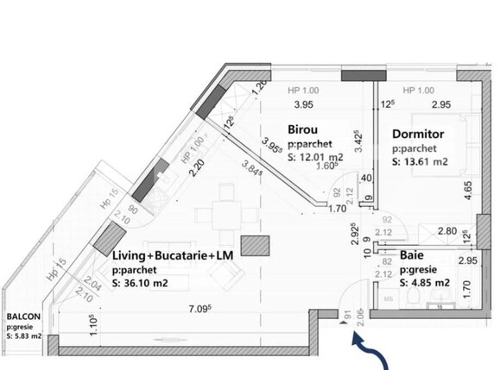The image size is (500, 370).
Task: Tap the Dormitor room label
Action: (417, 135)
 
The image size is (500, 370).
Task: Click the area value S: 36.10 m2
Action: (148, 281)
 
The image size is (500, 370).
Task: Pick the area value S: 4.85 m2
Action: (425, 281)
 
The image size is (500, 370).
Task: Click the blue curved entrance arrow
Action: (364, 351)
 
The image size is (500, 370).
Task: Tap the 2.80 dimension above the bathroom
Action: (447, 232)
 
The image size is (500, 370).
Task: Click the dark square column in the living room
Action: (253, 246)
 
